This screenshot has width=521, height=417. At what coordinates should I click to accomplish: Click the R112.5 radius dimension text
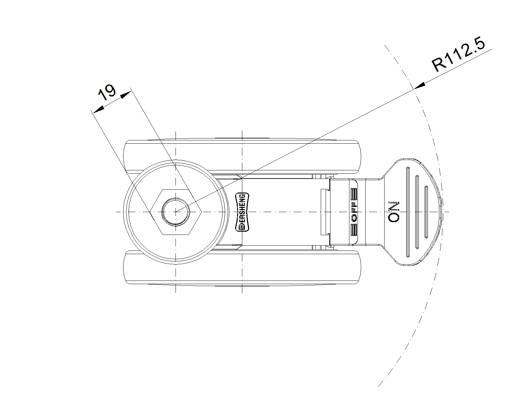point(458,54)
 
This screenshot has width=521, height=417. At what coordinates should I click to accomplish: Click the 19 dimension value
point(107,92)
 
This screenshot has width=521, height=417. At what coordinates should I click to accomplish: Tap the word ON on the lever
point(394,212)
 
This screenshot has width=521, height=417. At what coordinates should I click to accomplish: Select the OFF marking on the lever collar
point(354,211)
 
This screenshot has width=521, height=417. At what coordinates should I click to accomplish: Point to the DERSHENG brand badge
point(242,212)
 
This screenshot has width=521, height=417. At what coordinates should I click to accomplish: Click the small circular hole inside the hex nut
point(176,212)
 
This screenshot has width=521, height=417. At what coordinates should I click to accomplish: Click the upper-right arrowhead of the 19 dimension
point(126,95)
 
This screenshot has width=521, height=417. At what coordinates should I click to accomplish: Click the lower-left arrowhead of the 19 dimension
point(98,109)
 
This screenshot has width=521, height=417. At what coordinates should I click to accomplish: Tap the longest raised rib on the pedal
point(408,212)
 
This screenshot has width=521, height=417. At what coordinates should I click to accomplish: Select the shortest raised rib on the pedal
point(426,212)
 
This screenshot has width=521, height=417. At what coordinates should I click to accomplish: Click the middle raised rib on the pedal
point(417,212)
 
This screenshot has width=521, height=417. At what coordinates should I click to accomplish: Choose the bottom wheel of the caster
point(242,267)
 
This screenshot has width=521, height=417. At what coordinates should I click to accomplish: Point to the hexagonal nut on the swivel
point(176,212)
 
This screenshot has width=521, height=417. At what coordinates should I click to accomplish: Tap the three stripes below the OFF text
point(354,229)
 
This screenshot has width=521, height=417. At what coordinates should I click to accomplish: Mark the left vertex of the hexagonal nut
point(150,212)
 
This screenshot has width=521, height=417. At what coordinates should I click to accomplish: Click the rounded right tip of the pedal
point(442,211)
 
